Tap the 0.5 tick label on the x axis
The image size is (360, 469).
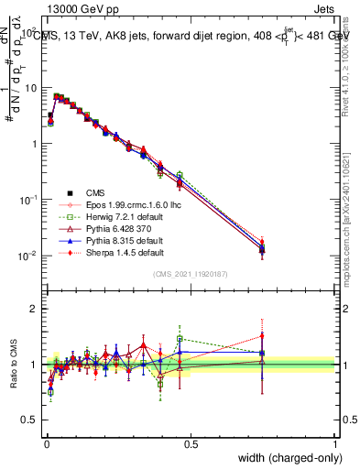(x=191, y=443)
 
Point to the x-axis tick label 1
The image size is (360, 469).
(x=335, y=443)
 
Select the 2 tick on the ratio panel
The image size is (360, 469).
(x=34, y=309)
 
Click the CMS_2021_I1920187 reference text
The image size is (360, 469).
(x=191, y=274)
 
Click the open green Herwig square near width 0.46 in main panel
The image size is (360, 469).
(x=180, y=175)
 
